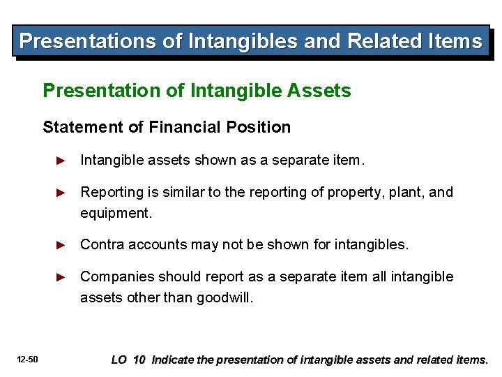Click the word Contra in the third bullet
click(x=99, y=244)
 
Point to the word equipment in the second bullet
click(x=115, y=214)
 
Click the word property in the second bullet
click(x=351, y=192)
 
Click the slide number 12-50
click(x=29, y=360)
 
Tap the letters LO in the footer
click(x=119, y=360)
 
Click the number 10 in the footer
click(x=139, y=360)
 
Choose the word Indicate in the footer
click(x=173, y=360)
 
